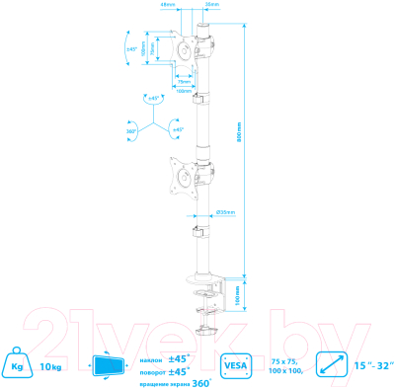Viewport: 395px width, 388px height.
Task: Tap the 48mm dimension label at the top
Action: pos(167,5)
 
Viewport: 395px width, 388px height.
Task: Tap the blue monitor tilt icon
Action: pos(109,365)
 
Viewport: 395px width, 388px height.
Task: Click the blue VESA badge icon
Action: pos(235,365)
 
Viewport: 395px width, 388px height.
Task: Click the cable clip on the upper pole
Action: pos(198,99)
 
